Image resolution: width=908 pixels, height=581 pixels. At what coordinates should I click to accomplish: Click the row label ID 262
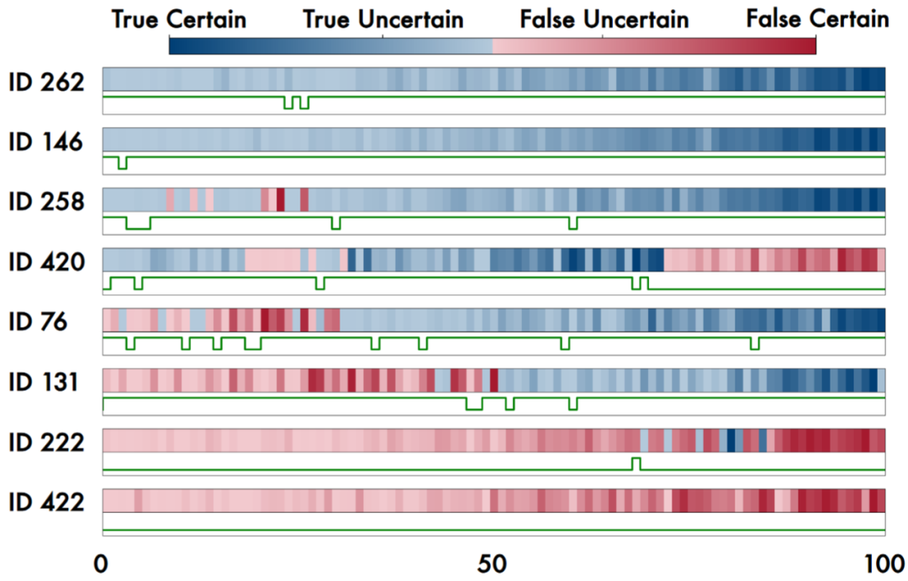[46, 82]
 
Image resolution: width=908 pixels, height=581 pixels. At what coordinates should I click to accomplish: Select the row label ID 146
[46, 142]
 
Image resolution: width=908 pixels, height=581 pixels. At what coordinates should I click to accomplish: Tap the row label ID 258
[46, 203]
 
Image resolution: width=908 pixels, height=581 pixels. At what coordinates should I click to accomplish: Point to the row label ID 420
[46, 262]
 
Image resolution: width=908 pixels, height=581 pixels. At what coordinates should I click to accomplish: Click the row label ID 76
[39, 322]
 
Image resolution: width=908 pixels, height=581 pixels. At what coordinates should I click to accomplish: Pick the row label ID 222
[46, 442]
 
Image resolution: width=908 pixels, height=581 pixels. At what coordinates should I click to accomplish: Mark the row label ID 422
[46, 503]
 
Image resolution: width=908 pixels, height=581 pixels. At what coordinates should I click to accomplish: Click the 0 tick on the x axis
[102, 563]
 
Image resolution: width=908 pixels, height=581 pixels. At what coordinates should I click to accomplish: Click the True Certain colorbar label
[179, 18]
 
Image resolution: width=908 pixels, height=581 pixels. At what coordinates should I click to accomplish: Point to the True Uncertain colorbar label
[383, 18]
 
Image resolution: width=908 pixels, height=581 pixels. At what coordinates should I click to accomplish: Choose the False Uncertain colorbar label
[604, 18]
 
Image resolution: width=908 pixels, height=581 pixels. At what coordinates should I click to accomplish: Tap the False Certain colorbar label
[817, 18]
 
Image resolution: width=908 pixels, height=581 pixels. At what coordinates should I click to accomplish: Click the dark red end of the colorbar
[810, 46]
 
